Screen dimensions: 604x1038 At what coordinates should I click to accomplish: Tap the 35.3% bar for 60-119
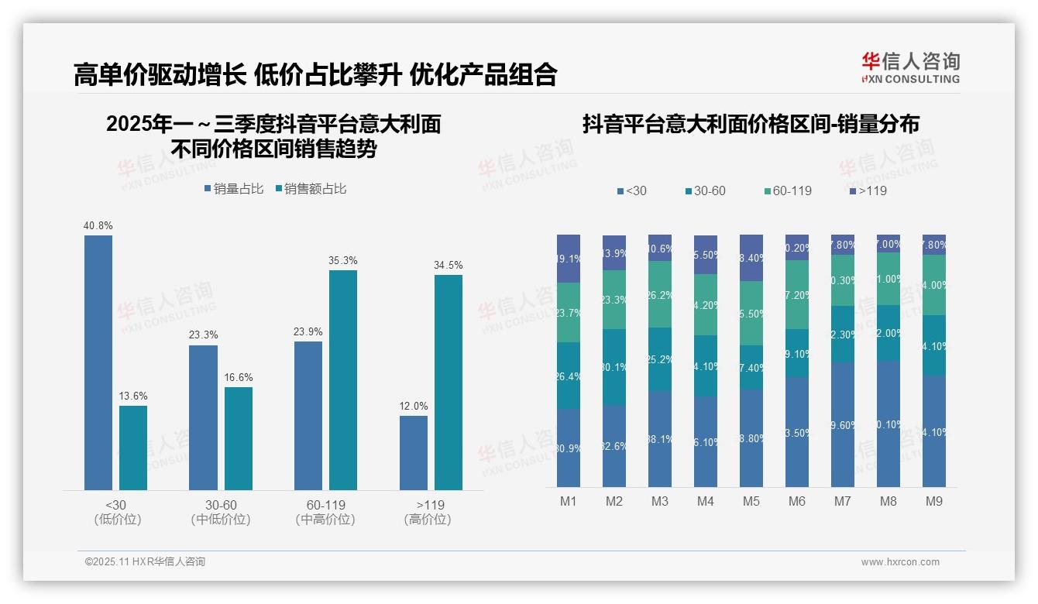pyautogui.click(x=343, y=379)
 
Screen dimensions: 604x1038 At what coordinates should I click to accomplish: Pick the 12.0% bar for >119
pyautogui.click(x=414, y=452)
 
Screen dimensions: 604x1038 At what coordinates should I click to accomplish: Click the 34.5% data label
pyautogui.click(x=449, y=265)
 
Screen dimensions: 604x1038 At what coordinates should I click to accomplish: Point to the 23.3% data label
pyautogui.click(x=203, y=335)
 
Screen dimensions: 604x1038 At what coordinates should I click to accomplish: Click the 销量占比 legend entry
pyautogui.click(x=234, y=189)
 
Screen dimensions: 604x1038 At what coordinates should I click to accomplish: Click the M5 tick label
pyautogui.click(x=751, y=501)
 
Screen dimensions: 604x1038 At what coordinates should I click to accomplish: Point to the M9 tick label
pyautogui.click(x=934, y=501)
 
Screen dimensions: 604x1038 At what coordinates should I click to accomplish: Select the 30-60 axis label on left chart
pyautogui.click(x=221, y=505)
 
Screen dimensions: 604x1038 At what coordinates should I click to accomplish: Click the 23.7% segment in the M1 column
pyautogui.click(x=569, y=312)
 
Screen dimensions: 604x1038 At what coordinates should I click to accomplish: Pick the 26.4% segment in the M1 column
pyautogui.click(x=569, y=376)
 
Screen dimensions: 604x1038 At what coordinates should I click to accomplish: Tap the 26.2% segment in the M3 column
pyautogui.click(x=660, y=294)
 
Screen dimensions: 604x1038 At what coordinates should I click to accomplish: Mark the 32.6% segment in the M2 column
pyautogui.click(x=614, y=446)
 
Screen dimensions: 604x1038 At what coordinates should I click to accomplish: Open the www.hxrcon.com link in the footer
pyautogui.click(x=900, y=562)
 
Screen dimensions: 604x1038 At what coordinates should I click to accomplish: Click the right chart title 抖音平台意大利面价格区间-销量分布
pyautogui.click(x=751, y=125)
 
